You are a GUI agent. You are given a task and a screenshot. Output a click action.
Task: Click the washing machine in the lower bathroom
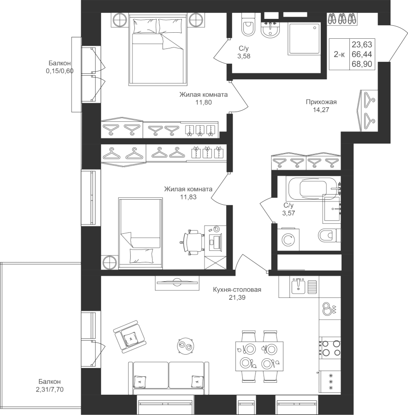pos(288,238)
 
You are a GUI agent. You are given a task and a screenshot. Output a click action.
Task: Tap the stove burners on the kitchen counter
pos(329,349)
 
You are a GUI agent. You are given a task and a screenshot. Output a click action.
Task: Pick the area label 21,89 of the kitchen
pos(237,298)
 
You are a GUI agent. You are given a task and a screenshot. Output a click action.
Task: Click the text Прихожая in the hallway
pos(321,102)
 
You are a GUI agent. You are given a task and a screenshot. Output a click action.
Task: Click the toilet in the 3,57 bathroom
pos(329,236)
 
